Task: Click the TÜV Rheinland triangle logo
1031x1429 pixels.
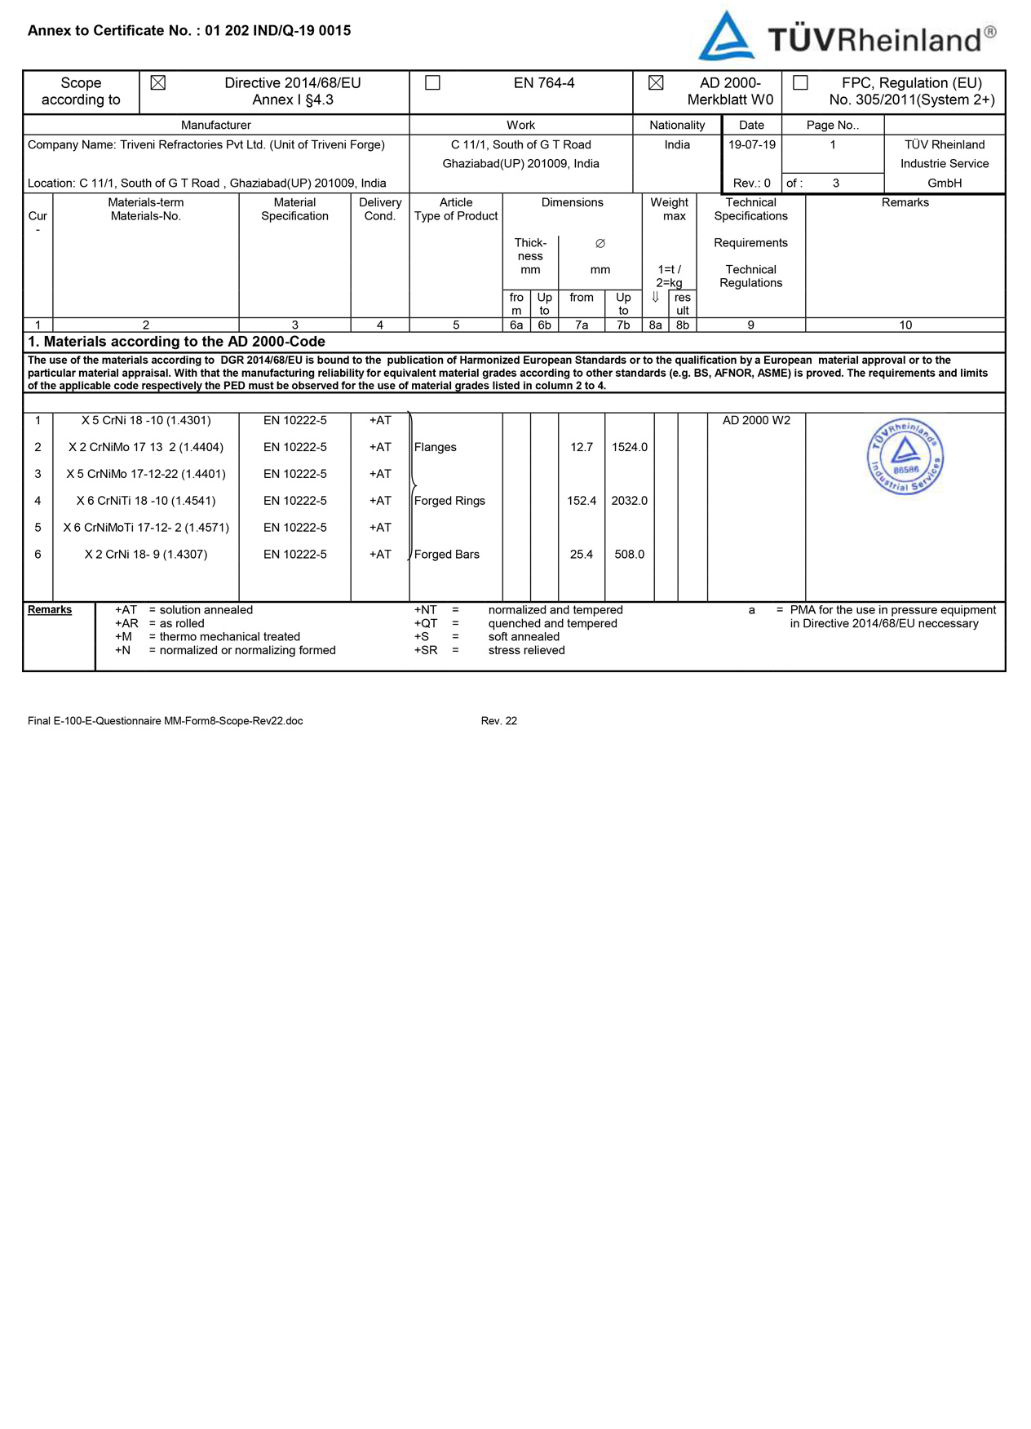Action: (x=725, y=37)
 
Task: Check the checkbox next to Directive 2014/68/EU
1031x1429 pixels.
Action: (x=158, y=83)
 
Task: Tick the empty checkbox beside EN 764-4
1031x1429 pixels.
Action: (x=433, y=83)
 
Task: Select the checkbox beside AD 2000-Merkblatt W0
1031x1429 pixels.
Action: (x=656, y=83)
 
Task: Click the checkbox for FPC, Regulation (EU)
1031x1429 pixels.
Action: (x=801, y=83)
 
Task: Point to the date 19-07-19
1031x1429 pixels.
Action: (x=751, y=144)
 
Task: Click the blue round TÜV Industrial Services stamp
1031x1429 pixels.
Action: (x=905, y=457)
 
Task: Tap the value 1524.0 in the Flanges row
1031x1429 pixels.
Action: (x=629, y=447)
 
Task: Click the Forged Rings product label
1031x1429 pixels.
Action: (x=449, y=501)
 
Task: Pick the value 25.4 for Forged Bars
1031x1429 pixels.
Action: (x=581, y=555)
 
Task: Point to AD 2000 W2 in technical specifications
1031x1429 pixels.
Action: (x=756, y=421)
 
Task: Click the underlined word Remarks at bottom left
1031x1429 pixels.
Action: (x=50, y=610)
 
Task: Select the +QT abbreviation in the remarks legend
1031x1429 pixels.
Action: (x=426, y=624)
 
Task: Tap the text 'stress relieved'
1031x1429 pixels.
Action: (x=526, y=651)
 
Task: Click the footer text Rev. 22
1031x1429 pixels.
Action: (x=498, y=721)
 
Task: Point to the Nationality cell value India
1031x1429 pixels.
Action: (x=677, y=144)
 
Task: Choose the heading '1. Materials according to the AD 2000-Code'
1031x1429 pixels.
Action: (x=176, y=342)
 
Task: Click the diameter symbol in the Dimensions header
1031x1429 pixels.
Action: (x=600, y=244)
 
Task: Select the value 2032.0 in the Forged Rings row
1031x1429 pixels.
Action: (x=629, y=501)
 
